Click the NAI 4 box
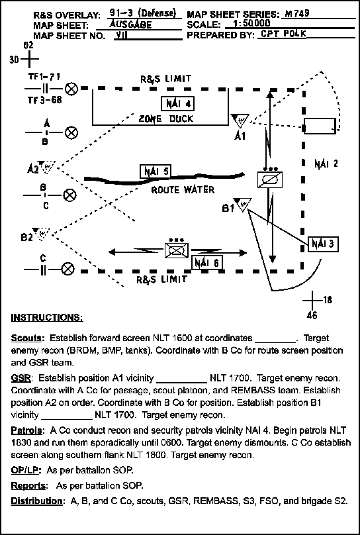coord(177,104)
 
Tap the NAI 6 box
coord(207,262)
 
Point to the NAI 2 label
coord(326,164)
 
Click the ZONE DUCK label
coord(166,119)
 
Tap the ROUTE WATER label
coord(183,189)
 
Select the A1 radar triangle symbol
coord(240,120)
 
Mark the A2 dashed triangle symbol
coord(47,166)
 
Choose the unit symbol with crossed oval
coord(176,250)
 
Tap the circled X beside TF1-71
coord(71,89)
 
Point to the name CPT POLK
coord(283,34)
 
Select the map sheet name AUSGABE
coord(130,24)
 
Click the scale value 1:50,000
coord(250,24)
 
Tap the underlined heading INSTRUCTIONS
coord(47,318)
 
